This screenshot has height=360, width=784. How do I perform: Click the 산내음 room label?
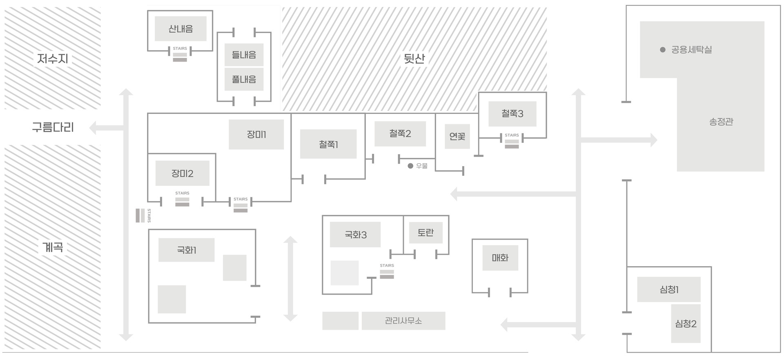click(180, 29)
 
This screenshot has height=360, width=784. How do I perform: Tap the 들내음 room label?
click(244, 55)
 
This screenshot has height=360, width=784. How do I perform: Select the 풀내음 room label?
click(244, 79)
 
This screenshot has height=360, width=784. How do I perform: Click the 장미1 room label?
click(256, 134)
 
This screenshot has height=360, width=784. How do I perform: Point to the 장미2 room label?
click(182, 173)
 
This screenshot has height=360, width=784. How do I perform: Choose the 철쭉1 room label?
click(328, 144)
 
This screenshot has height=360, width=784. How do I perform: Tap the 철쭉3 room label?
click(512, 113)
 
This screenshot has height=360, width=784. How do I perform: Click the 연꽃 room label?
click(457, 136)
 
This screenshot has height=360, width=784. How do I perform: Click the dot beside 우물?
click(410, 166)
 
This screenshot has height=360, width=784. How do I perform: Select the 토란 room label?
click(425, 233)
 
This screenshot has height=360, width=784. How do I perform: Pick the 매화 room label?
click(500, 258)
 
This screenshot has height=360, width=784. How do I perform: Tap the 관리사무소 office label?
click(403, 321)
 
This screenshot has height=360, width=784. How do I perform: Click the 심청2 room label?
click(686, 324)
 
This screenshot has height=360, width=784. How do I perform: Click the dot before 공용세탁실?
click(663, 50)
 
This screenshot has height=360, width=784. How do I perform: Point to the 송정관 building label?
click(721, 122)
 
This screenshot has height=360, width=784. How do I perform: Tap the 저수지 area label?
click(53, 59)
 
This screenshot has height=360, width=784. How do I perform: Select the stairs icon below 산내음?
click(180, 57)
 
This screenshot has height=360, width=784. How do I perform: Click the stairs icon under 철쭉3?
click(512, 144)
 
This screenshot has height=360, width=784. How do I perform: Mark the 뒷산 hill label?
click(414, 59)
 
